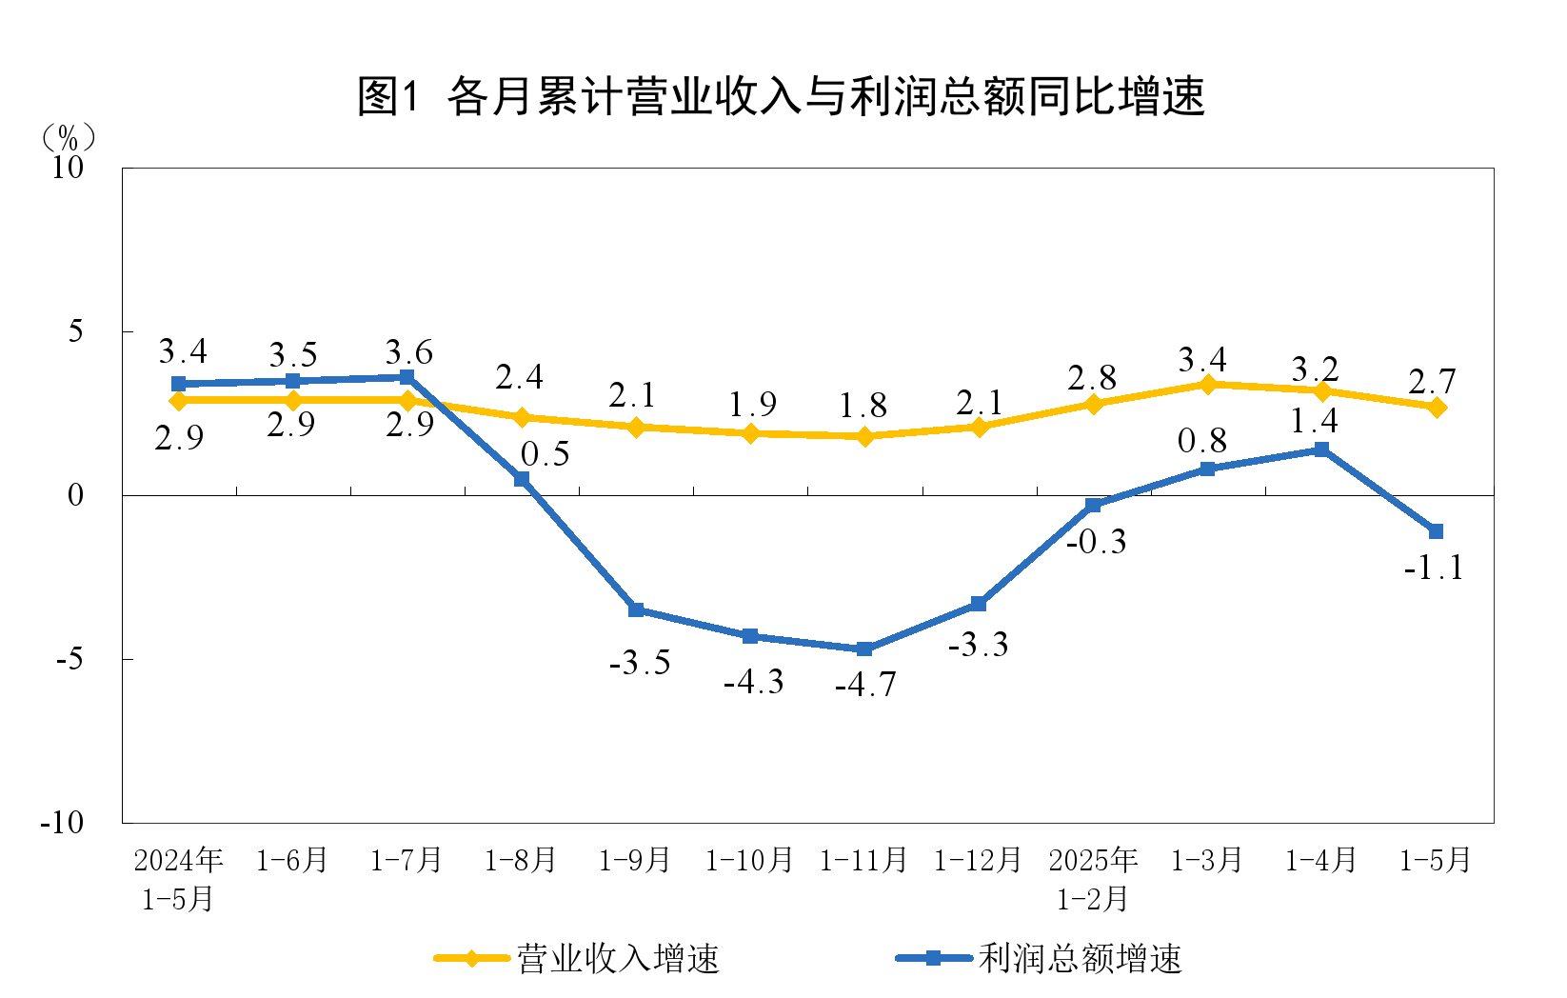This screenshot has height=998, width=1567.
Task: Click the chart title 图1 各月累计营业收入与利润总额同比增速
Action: click(x=781, y=96)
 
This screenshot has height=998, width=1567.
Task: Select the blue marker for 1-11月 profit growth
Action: click(x=864, y=649)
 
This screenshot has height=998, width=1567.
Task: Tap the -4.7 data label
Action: click(x=865, y=685)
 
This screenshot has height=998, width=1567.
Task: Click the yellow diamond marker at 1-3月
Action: click(x=1207, y=385)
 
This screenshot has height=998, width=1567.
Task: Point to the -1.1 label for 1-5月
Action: click(x=1434, y=569)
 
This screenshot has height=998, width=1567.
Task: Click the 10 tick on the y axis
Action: click(x=68, y=168)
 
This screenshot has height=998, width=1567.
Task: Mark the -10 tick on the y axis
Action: click(x=62, y=823)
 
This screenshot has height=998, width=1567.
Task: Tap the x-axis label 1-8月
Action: click(x=520, y=861)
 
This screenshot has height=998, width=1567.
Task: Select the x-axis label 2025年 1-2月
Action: click(x=1093, y=879)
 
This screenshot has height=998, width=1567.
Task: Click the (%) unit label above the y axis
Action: click(x=69, y=138)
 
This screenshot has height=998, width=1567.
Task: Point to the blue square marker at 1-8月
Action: click(x=522, y=479)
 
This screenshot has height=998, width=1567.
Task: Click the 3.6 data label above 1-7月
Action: click(x=408, y=353)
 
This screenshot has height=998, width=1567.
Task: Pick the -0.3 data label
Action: click(x=1096, y=542)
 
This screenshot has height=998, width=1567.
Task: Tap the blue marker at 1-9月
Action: click(x=636, y=610)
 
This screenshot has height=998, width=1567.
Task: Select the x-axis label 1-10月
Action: click(x=749, y=861)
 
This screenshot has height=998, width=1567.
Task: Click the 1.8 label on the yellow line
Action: click(x=863, y=407)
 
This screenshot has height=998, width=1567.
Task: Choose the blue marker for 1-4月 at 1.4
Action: click(x=1321, y=449)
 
